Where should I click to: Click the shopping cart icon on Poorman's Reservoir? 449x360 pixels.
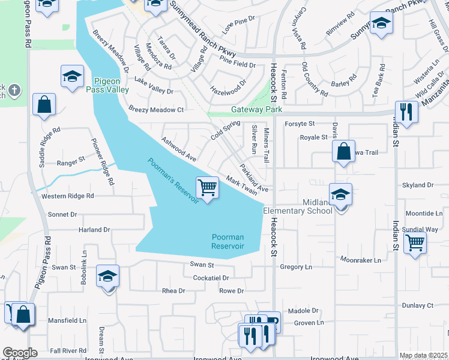[207, 188]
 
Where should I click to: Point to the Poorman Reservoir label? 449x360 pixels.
[228, 242]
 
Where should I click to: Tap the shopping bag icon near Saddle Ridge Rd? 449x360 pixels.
[44, 105]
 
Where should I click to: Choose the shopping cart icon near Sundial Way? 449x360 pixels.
[415, 244]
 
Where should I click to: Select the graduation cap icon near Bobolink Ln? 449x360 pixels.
[107, 277]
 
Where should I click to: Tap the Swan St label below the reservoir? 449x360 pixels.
[202, 265]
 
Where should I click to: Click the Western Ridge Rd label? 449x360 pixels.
[67, 196]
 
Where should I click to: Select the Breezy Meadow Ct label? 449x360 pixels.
[156, 110]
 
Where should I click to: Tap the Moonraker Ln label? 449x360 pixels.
[361, 260]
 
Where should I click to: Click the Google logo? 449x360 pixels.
[20, 353]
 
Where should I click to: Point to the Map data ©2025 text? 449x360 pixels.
[423, 356]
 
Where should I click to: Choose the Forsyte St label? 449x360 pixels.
[300, 124]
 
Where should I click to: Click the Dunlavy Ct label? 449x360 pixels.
[418, 305]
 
